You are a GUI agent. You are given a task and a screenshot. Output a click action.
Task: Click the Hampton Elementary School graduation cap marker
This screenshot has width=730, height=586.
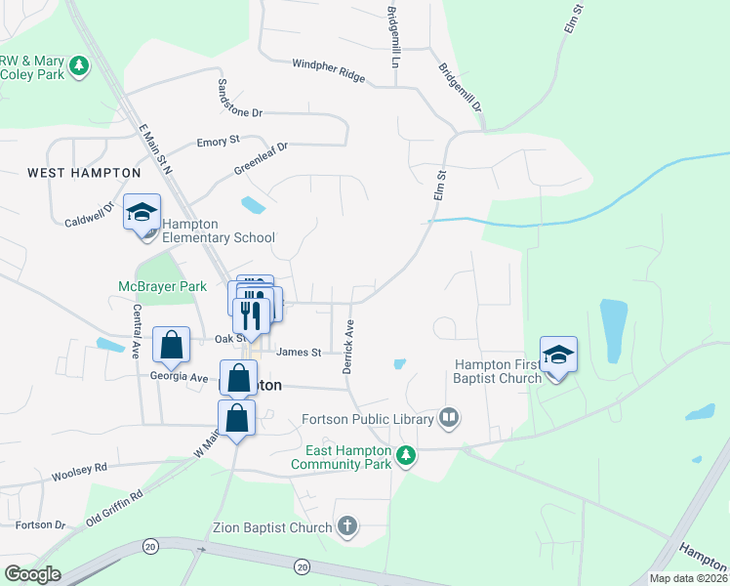142,213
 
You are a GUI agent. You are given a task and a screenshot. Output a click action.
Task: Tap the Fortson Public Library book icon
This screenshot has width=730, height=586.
449,418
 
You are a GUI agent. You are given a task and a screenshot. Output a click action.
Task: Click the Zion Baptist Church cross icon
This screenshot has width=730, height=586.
346,528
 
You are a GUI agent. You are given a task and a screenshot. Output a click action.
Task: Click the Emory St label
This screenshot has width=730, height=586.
218,142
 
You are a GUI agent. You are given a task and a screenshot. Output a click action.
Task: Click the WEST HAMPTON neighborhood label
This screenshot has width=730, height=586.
84,173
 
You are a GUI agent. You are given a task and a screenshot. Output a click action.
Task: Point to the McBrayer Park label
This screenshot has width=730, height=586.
162,287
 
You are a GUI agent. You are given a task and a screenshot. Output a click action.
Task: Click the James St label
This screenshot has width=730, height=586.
299,353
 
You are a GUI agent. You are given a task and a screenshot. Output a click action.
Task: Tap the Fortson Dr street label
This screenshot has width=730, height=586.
40,524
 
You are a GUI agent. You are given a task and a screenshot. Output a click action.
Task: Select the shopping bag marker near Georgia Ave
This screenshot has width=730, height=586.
172,345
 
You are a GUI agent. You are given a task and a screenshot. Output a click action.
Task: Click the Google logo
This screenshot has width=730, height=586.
32,574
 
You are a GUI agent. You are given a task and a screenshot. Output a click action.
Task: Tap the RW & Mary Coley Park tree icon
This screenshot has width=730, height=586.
78,66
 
